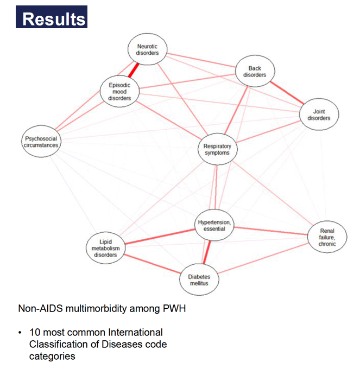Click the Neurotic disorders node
(147, 49)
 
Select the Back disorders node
(255, 71)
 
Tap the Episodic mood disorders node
(119, 91)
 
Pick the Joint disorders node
(319, 114)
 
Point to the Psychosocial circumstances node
(41, 141)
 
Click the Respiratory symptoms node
(217, 149)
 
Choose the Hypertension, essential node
(214, 225)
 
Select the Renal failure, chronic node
(327, 237)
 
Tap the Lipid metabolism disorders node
(105, 248)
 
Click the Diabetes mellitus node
(199, 279)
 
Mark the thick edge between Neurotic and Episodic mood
(134, 70)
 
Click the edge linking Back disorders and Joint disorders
(287, 93)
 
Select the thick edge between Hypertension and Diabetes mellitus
(207, 252)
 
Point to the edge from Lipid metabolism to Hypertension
(160, 237)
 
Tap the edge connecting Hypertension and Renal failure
(271, 231)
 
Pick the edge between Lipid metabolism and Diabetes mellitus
(153, 264)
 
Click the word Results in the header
(54, 19)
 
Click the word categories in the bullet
(52, 357)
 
